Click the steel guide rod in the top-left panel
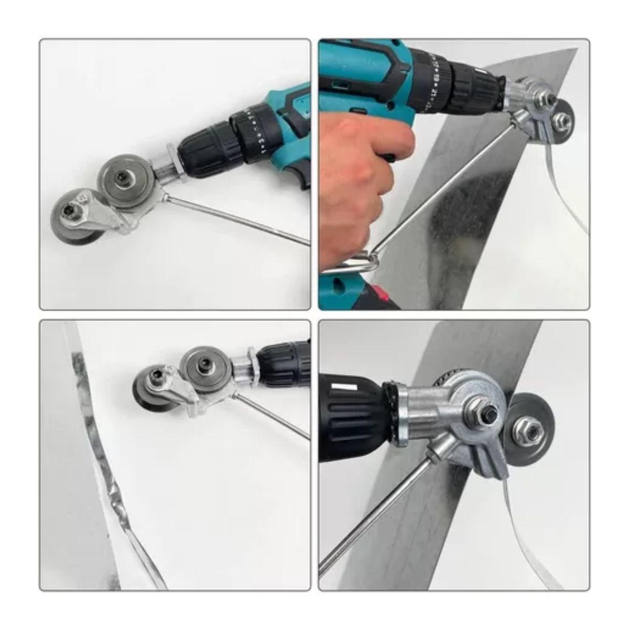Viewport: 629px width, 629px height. [236, 220]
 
